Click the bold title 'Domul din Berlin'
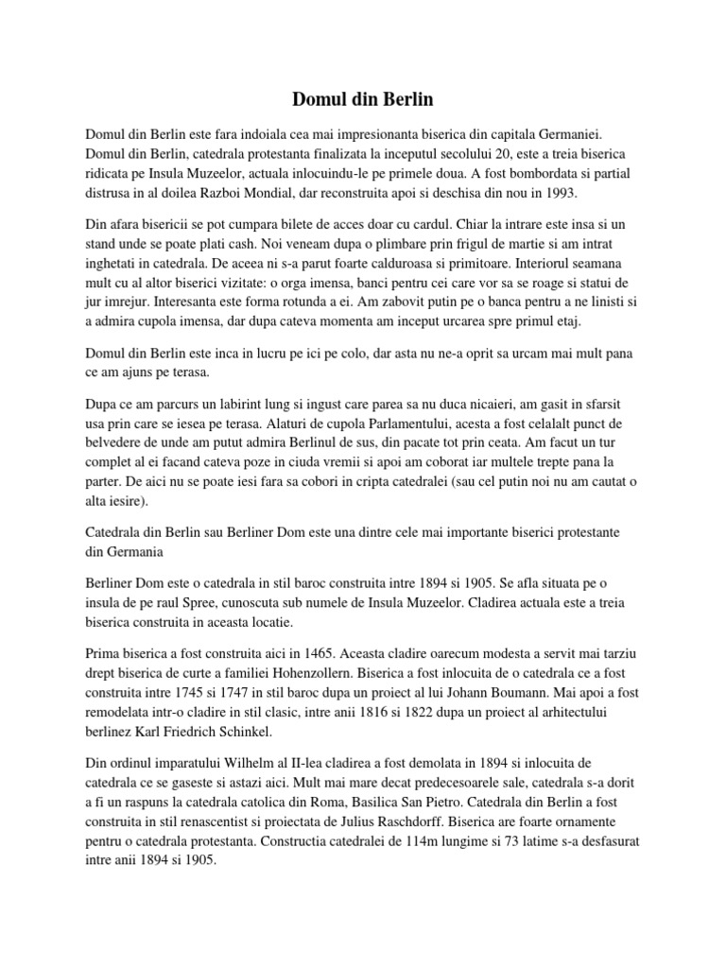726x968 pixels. tap(363, 98)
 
